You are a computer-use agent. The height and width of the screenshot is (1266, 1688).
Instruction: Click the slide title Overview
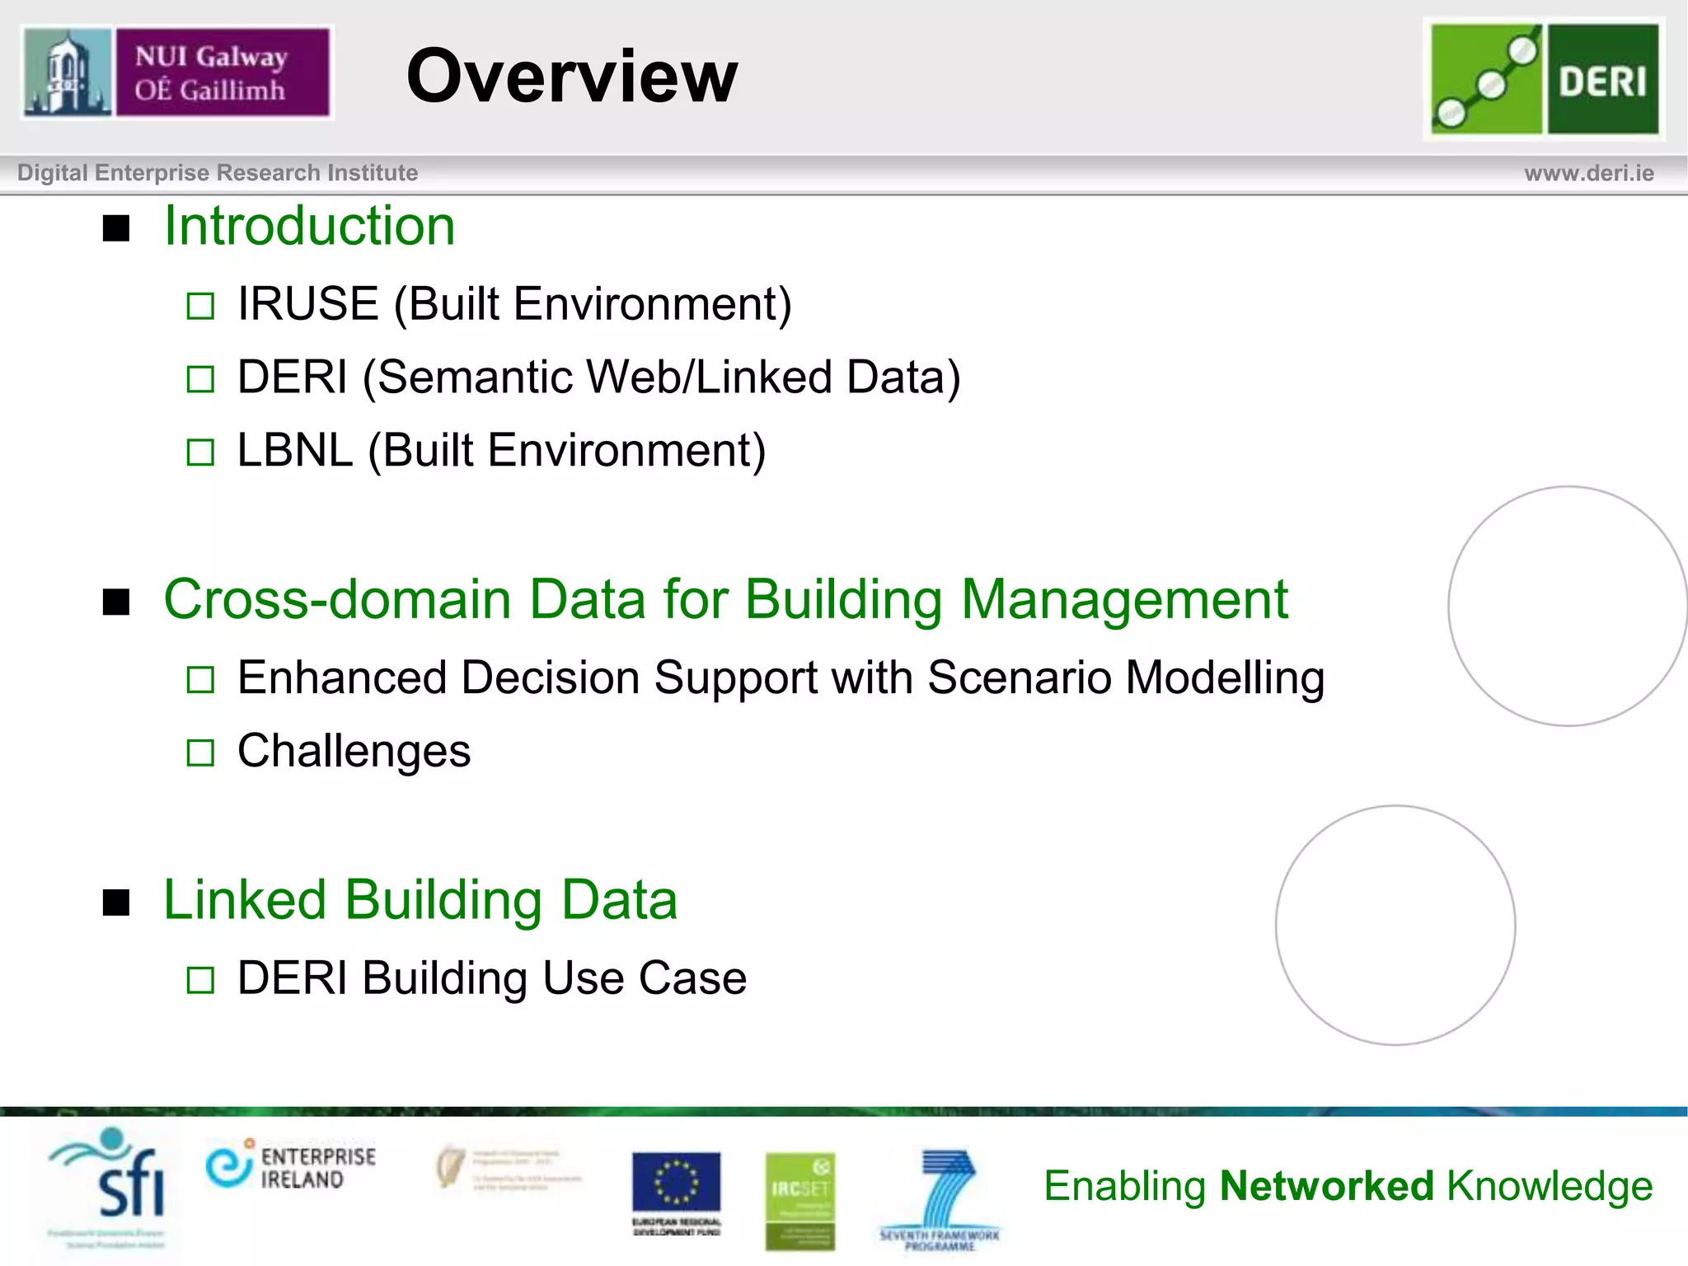tap(572, 76)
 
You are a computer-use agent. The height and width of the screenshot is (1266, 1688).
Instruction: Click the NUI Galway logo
tap(177, 73)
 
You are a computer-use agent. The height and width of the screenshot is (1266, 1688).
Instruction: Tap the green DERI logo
tap(1545, 79)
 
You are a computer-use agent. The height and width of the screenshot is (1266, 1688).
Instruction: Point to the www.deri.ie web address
tap(1588, 173)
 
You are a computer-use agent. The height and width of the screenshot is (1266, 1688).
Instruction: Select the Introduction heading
tap(309, 226)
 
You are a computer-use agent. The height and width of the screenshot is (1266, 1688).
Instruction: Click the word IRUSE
tap(307, 304)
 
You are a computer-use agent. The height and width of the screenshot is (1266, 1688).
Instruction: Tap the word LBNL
tap(294, 451)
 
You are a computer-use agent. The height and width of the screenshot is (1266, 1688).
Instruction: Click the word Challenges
tap(354, 751)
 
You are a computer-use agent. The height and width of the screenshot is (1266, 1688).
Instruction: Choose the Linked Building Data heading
tap(420, 899)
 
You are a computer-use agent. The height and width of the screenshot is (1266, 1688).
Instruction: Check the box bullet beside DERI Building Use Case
tap(200, 980)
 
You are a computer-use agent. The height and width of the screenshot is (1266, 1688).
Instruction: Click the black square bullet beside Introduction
tap(116, 228)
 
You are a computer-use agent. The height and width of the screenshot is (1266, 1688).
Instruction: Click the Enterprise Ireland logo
tap(291, 1165)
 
